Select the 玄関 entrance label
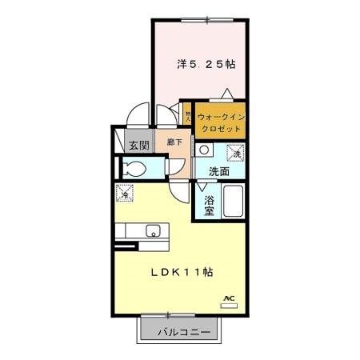click(x=138, y=145)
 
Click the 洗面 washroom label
click(x=219, y=170)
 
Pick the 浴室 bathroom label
click(x=209, y=205)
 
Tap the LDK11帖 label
click(x=183, y=272)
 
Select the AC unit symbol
click(x=229, y=299)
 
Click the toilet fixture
click(x=137, y=169)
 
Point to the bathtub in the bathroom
click(x=234, y=203)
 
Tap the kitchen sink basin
click(x=153, y=232)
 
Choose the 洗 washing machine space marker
click(x=236, y=151)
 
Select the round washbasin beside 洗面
click(x=206, y=150)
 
